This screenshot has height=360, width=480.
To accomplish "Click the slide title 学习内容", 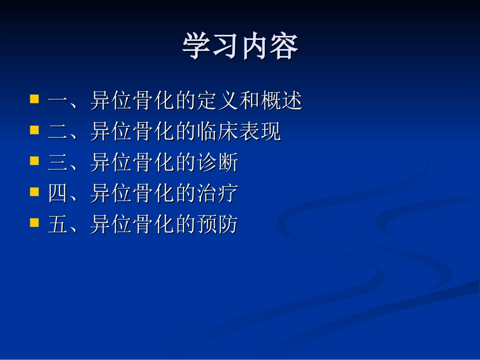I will point(240,46).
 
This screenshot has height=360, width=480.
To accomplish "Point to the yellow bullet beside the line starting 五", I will point(34,222).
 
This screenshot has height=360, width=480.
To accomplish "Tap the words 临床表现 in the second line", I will point(239,132).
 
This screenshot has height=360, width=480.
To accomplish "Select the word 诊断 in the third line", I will point(217,163).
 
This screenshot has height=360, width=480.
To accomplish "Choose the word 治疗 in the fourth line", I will point(217,194).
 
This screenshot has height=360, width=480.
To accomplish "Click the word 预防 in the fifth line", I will point(217,225).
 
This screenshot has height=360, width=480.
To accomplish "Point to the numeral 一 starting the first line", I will point(58,101).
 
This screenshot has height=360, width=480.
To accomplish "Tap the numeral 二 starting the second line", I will point(58,132).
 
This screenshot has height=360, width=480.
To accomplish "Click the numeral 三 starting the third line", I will point(58,163).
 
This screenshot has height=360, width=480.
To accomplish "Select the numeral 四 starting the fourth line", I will point(58,194).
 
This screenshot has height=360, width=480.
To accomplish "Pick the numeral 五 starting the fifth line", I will point(58,225).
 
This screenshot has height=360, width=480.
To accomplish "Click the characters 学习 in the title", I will point(211,46).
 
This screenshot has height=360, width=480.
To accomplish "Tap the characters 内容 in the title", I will point(269,46).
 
